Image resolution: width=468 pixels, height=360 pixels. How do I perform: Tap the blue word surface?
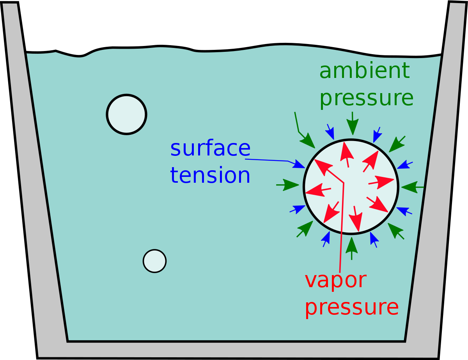tap(210, 148)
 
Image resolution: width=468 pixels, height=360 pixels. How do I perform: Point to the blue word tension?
tap(210, 175)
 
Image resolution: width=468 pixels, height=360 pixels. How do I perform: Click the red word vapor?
tap(336, 281)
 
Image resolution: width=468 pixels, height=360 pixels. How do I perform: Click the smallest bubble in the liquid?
tap(155, 261)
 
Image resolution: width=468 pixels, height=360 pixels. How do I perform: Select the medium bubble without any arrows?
tap(127, 115)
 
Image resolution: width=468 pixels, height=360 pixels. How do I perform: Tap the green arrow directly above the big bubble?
tap(353, 124)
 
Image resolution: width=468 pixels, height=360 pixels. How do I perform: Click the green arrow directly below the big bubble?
tap(351, 249)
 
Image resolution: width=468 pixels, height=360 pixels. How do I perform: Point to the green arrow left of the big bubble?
tap(287, 185)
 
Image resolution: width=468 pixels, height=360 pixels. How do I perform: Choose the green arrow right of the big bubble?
tap(413, 187)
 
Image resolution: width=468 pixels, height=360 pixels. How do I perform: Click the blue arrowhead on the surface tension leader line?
tap(300, 164)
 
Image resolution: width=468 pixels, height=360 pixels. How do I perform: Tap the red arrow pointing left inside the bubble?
tap(318, 190)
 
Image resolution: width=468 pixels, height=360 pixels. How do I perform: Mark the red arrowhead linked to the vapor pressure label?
tap(323, 167)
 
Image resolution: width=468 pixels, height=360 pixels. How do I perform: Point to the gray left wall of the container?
tap(34, 181)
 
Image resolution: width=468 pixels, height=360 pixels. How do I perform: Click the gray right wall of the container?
tap(433, 181)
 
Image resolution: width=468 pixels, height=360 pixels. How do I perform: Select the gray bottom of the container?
tap(237, 351)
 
